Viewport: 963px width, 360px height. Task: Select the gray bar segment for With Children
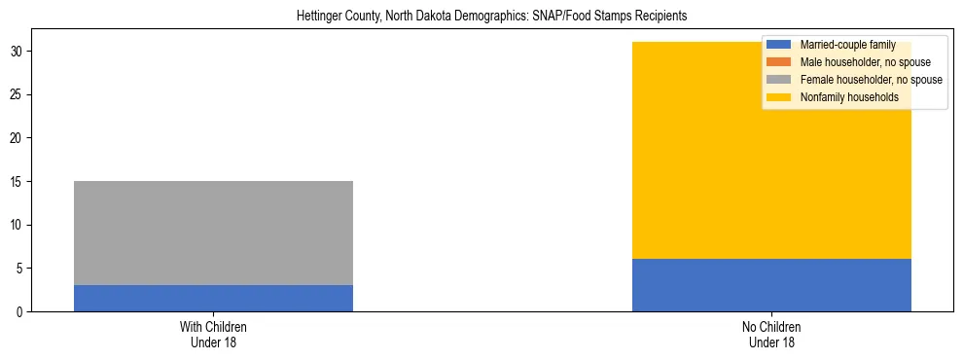213,233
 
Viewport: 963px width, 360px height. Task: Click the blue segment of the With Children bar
213,298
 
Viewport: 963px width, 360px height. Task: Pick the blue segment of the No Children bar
771,285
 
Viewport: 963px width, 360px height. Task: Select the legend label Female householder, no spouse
871,80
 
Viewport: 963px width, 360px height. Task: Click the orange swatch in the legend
779,62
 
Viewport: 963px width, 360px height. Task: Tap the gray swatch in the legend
779,80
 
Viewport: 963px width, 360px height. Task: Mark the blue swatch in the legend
779,45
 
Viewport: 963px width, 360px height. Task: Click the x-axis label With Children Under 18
213,335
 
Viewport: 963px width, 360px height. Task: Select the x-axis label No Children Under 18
771,335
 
